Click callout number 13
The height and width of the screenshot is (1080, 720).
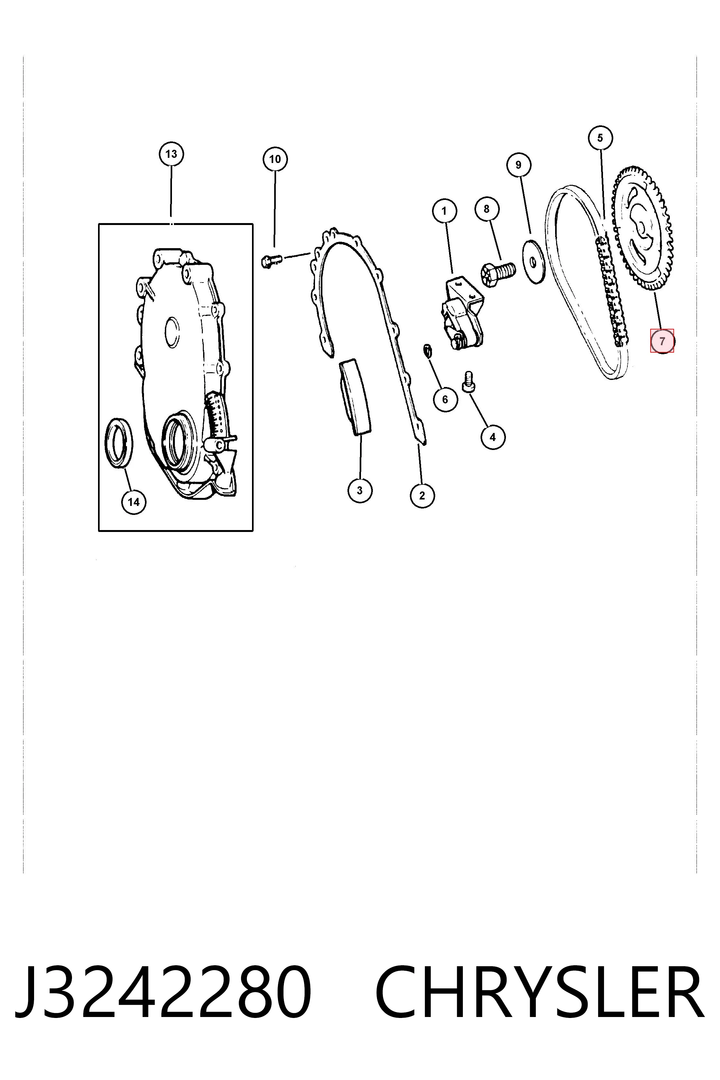[171, 154]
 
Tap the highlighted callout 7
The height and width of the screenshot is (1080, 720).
[662, 341]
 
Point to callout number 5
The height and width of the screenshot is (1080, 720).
[600, 138]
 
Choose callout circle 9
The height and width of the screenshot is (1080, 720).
[518, 165]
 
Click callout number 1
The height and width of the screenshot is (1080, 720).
[444, 211]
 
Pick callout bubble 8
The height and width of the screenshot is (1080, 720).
[487, 209]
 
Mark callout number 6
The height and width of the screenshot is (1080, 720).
[445, 400]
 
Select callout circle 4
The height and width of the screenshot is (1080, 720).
[493, 437]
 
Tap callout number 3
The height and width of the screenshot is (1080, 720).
[360, 491]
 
